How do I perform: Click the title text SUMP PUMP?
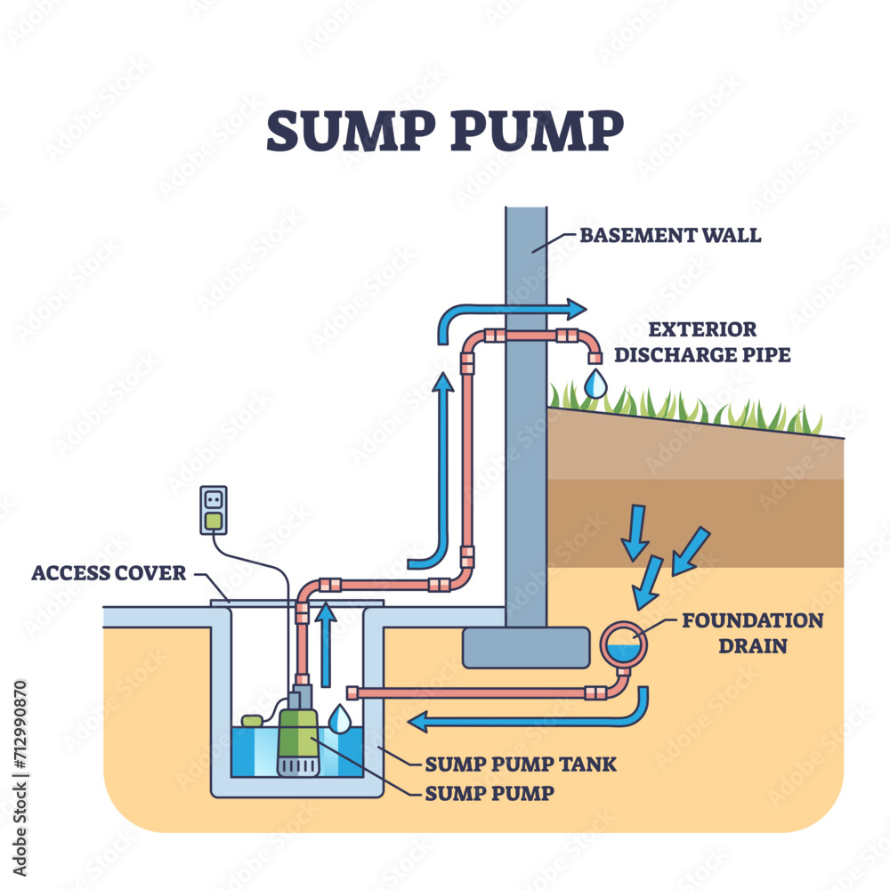(x=445, y=132)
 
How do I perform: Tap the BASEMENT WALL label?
(x=670, y=236)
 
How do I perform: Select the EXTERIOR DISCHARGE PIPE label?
(x=700, y=343)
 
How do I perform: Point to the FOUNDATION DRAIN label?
(x=752, y=632)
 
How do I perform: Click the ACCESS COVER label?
(x=109, y=573)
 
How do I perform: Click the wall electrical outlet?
(x=214, y=510)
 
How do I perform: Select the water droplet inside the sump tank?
(x=339, y=719)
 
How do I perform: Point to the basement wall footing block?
(x=525, y=647)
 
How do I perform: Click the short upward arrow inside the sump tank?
(x=327, y=645)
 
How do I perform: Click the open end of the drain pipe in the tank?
(x=352, y=692)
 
